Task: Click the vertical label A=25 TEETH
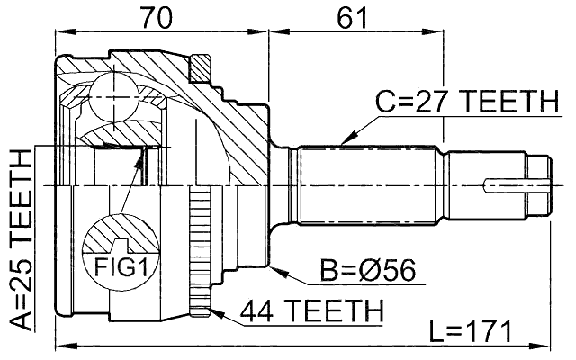pyautogui.click(x=19, y=242)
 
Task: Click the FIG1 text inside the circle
pyautogui.click(x=120, y=266)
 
